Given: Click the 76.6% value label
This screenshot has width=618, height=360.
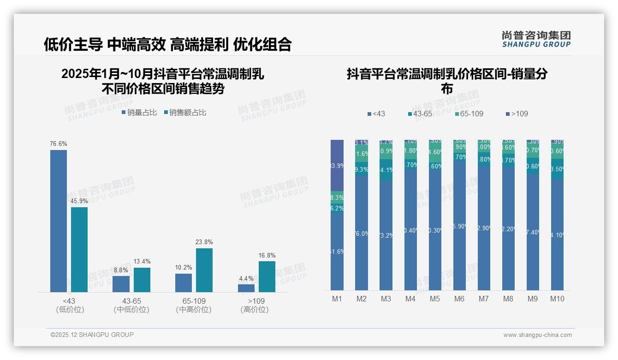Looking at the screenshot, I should (x=59, y=144).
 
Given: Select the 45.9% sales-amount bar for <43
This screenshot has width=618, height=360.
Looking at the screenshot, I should (x=79, y=249).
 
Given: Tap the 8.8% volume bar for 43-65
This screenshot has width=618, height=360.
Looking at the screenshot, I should (x=121, y=284).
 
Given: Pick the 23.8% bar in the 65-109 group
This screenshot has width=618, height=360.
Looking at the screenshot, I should (x=204, y=270).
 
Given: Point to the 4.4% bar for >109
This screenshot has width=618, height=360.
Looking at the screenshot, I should (x=246, y=288).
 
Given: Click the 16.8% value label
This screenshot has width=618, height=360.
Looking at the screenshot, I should (x=267, y=255).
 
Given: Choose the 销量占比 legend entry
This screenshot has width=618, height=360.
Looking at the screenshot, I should (x=139, y=113).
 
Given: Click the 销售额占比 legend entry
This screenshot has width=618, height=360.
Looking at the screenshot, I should (x=185, y=113).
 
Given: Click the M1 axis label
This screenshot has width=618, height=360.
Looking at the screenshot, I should (x=337, y=299).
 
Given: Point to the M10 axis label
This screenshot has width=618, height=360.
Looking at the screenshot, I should (x=557, y=299).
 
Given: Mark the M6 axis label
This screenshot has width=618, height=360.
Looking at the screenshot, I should (x=459, y=299).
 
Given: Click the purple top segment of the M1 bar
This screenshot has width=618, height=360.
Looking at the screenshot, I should (x=337, y=165).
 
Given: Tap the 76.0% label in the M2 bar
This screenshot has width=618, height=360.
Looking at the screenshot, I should (x=362, y=234).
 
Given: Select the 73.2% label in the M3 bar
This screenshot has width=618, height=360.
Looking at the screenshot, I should (x=386, y=236).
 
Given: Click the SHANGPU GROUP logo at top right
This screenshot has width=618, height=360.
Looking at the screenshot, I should (x=536, y=39).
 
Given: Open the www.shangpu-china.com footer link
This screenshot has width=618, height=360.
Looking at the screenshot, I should (x=537, y=335).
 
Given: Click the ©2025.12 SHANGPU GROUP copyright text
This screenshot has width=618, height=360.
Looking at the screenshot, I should (x=92, y=335).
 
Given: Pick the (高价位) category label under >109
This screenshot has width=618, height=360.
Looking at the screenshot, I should (x=255, y=310).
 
